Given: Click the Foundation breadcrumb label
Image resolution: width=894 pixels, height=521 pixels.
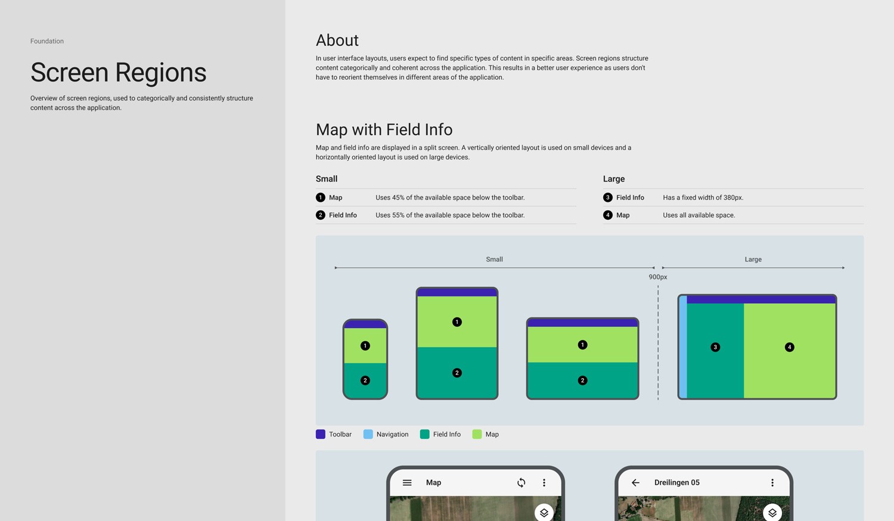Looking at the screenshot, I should (x=47, y=41).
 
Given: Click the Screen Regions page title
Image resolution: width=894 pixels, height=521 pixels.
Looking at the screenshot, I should (x=118, y=72).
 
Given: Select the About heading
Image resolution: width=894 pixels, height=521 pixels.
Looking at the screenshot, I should (x=337, y=40).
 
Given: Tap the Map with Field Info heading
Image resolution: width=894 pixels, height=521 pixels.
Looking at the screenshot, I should (x=384, y=129).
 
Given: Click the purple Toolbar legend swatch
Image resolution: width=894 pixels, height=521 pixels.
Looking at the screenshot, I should (x=321, y=434).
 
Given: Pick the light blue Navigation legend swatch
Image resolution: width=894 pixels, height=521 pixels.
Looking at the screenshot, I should (x=368, y=434).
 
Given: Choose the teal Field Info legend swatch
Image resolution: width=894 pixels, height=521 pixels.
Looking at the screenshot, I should (x=424, y=434).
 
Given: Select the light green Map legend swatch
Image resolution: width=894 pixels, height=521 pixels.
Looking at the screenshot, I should (x=477, y=434).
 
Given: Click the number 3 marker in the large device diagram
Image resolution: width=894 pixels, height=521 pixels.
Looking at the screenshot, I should (x=715, y=347).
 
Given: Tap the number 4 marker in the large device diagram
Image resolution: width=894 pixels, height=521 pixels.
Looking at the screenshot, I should (x=789, y=347).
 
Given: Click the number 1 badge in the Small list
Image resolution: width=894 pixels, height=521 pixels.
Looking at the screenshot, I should (x=321, y=197).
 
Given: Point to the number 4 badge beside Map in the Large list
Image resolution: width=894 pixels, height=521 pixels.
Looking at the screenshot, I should (x=607, y=215).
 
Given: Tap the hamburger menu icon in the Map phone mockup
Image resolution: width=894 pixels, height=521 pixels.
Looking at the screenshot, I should (x=407, y=483).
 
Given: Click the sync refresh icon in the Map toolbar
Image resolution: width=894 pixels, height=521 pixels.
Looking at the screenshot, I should (x=521, y=483).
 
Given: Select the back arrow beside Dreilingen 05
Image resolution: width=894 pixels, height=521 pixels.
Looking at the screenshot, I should (x=635, y=483).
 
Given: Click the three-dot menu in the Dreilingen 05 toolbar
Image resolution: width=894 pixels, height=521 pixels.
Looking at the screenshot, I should (x=772, y=483).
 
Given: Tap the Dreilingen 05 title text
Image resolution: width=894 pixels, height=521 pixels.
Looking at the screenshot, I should (x=676, y=483).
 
